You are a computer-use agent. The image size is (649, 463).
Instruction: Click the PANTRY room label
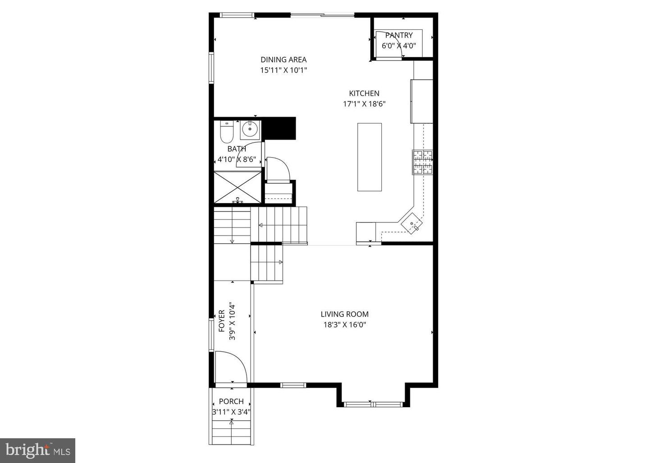(398, 35)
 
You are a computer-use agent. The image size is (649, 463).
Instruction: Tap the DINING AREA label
(283, 59)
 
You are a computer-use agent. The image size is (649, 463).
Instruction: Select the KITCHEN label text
(364, 93)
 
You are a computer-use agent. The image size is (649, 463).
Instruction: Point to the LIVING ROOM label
(344, 314)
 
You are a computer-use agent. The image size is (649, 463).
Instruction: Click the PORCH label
(231, 401)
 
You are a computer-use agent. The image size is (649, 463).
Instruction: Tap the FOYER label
(222, 321)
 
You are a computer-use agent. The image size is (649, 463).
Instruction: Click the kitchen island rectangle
(370, 157)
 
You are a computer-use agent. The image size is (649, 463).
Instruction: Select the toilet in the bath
(226, 132)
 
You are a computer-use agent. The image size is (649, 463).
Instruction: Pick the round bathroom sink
(249, 130)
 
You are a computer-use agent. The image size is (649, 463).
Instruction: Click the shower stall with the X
(238, 186)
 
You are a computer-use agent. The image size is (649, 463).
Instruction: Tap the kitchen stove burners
(422, 162)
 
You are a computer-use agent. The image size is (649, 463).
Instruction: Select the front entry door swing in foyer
(230, 367)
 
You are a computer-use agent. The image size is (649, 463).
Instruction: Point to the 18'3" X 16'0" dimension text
(344, 325)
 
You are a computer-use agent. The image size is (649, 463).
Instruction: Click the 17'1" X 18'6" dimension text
(364, 104)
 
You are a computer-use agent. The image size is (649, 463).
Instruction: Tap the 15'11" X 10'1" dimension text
(283, 70)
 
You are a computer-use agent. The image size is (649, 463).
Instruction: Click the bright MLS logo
(37, 450)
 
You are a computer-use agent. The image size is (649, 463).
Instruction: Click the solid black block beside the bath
(279, 128)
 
